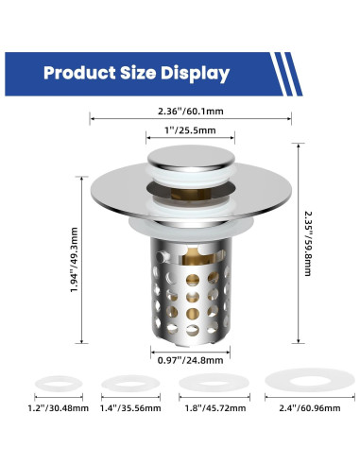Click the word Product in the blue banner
click(79, 73)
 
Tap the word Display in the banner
click(195, 74)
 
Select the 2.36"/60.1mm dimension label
click(191, 111)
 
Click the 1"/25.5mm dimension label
click(190, 130)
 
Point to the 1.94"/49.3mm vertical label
click(74, 260)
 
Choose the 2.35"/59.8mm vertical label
click(308, 244)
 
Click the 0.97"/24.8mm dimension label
click(190, 360)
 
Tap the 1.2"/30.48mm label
click(59, 408)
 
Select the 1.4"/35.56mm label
click(130, 408)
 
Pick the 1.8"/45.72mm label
click(215, 408)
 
